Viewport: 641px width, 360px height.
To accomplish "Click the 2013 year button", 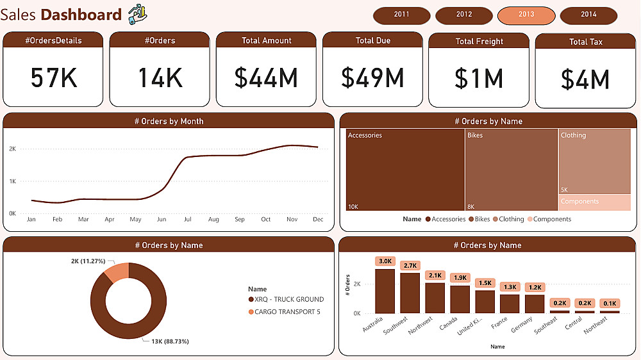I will point(526,15).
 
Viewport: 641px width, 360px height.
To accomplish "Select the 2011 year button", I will point(401,15).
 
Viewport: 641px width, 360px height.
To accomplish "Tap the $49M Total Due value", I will point(372,78).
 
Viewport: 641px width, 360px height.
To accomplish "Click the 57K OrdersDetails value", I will point(53,78).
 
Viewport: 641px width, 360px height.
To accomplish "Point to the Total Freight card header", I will point(479,41).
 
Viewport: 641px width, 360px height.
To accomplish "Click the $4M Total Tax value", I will point(585,79).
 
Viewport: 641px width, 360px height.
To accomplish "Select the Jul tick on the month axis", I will point(187,220).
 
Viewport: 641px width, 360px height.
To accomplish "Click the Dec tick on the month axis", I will point(317,220).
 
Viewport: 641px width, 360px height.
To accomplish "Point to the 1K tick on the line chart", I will point(12,181).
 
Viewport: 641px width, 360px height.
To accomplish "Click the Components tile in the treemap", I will point(594,202).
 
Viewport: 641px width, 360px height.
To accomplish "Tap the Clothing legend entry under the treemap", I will point(511,219).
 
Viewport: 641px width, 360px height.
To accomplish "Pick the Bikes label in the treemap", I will point(475,136).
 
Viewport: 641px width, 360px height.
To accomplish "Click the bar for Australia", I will point(385,291).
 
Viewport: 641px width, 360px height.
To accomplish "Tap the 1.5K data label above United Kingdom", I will point(485,283).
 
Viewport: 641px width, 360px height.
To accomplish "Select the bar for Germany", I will point(535,303).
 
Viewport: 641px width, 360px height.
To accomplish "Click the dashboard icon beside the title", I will point(137,14).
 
